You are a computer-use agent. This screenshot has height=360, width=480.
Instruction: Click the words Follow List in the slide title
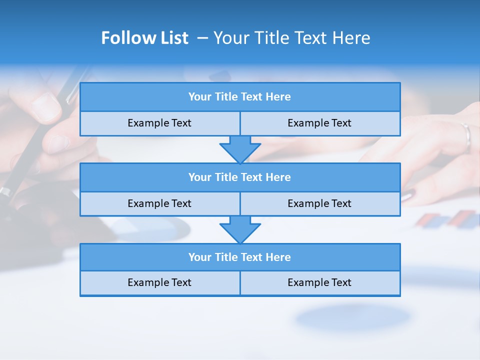coord(144,38)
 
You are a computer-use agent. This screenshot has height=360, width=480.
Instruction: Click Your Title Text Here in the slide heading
coord(291,38)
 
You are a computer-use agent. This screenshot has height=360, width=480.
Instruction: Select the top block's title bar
coord(240,97)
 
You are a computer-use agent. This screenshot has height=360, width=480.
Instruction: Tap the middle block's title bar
coord(240,177)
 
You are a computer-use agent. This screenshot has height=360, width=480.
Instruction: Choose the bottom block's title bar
coord(240,257)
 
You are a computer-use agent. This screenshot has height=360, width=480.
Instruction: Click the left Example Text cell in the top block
coord(159,123)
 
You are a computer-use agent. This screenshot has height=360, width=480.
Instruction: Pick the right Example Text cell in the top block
coord(319,123)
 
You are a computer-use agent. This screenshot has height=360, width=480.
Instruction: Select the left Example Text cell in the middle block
coord(159,203)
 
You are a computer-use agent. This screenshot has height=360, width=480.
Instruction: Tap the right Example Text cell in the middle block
coord(319,203)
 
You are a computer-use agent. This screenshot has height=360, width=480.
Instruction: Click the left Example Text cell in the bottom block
coord(159,282)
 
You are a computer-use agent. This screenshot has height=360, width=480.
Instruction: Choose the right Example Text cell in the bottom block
coord(319,282)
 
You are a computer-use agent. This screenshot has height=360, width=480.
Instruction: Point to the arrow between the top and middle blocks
coord(240,149)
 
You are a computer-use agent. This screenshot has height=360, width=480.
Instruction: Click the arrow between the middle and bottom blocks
coord(240,229)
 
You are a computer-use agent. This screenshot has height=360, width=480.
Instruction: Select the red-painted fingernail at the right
coord(407,195)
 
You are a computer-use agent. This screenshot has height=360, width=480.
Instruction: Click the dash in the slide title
coord(202,38)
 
